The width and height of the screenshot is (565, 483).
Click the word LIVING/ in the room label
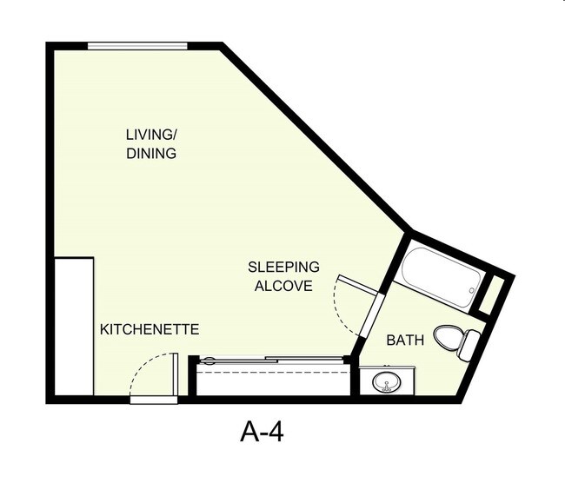tap(151, 135)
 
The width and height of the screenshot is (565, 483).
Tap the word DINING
tap(151, 154)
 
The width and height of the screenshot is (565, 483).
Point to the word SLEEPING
tap(283, 267)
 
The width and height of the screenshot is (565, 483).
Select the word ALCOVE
tap(283, 286)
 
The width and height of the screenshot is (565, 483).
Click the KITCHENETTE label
tap(150, 330)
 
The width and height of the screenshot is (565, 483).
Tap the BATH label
tap(405, 341)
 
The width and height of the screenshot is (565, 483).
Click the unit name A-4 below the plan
tap(262, 432)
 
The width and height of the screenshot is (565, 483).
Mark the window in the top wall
tap(138, 46)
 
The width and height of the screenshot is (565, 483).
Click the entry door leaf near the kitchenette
tap(175, 374)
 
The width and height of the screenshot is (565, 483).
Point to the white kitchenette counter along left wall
tap(74, 326)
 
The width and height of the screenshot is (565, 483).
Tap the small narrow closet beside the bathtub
tap(492, 294)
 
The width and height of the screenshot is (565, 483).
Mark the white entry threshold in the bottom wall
tap(154, 400)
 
